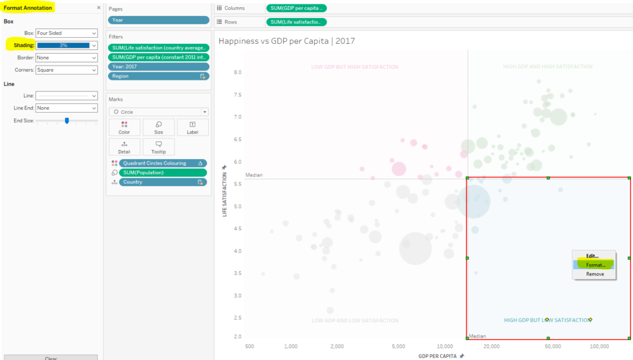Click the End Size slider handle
coord(67,121)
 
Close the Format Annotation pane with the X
coord(99,8)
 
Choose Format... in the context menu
coord(595,265)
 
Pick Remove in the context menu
coord(595,274)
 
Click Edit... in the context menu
coord(592,256)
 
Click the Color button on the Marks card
coord(124,127)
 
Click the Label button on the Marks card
coord(192,127)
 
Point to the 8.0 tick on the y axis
coord(237,72)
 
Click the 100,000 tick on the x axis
coord(599,346)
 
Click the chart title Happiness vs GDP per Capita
coord(287,41)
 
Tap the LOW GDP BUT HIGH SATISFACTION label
coord(355,67)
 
